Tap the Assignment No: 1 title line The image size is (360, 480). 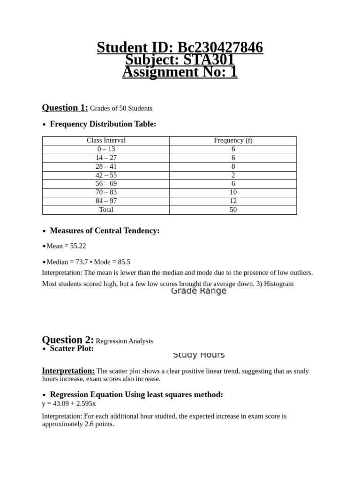coord(180,72)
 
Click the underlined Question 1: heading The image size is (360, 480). coord(65,107)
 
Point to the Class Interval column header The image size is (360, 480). coord(106,140)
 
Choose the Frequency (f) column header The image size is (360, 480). coord(233,140)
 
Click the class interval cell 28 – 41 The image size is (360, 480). coord(106,166)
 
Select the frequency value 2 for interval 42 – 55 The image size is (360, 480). coord(233,175)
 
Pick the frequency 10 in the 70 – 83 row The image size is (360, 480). coord(233,192)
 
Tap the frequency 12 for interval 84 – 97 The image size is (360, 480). coord(233,201)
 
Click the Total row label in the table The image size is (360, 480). coord(106,210)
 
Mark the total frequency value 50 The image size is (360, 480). coord(233,210)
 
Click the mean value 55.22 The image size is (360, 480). coord(78,246)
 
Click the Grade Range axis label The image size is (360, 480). coord(199,291)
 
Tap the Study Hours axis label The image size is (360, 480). coord(199,355)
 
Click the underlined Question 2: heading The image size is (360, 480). coord(67,340)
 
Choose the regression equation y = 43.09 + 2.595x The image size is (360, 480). coord(69,403)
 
